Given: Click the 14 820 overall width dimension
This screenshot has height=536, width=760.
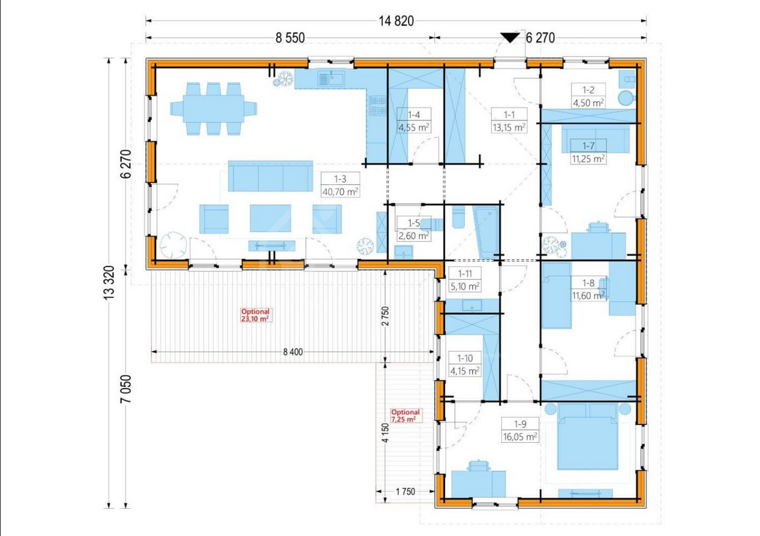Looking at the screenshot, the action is (x=396, y=21).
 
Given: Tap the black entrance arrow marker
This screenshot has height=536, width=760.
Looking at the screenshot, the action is (x=510, y=38).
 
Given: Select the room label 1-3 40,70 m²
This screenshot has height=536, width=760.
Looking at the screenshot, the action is (x=340, y=185).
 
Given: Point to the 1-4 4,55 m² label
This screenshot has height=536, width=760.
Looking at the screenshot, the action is (x=414, y=121).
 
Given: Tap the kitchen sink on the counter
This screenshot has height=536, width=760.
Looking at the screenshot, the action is (x=331, y=78).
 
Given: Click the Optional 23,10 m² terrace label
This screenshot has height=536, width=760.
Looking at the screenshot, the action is (x=255, y=315).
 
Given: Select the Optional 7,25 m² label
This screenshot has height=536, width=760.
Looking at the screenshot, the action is (x=405, y=416).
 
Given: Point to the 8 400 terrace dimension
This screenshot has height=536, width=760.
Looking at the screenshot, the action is (x=293, y=352).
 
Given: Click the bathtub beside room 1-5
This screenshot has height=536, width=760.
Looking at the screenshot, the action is (x=487, y=232).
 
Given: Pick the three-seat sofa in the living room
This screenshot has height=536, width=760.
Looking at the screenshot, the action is (x=270, y=176).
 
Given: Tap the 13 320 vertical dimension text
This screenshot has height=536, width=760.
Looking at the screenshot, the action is (x=109, y=283).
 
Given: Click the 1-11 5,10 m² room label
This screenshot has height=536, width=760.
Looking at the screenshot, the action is (x=465, y=280).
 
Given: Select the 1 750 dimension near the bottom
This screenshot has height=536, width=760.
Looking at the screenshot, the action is (x=405, y=492).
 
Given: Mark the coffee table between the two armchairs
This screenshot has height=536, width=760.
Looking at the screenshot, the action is (x=270, y=218).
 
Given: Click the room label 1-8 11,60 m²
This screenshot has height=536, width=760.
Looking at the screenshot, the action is (x=588, y=290).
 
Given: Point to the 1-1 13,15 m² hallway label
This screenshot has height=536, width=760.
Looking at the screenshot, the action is (x=509, y=121).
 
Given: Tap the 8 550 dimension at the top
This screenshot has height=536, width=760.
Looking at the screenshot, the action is (x=290, y=38).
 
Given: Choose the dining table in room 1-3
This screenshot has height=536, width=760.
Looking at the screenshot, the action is (x=213, y=109).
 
